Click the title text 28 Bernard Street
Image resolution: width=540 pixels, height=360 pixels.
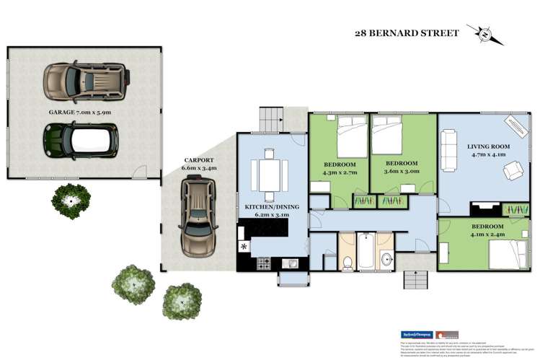tap(406, 32)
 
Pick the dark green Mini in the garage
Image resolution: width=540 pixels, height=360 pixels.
tap(80, 139)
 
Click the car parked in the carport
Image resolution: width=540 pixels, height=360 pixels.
tap(198, 215)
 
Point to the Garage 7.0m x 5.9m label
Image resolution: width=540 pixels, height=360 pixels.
tap(80, 112)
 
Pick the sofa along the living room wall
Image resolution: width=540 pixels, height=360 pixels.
tap(447, 149)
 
